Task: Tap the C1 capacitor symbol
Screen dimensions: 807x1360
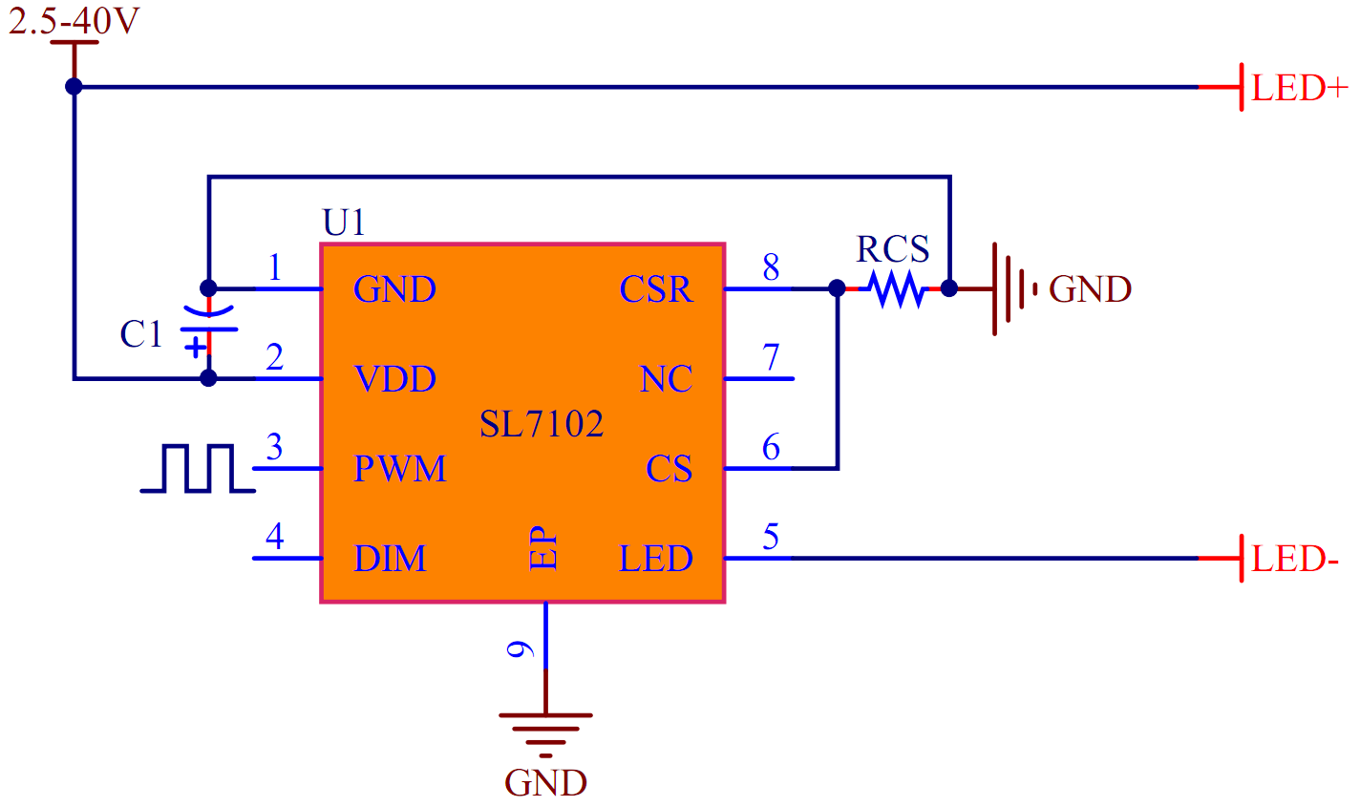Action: pyautogui.click(x=209, y=329)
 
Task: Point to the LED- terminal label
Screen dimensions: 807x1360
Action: pyautogui.click(x=1295, y=559)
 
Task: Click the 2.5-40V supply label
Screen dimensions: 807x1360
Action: pyautogui.click(x=74, y=21)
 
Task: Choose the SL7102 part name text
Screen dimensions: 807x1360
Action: pyautogui.click(x=542, y=423)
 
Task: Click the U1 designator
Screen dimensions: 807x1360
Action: pyautogui.click(x=344, y=223)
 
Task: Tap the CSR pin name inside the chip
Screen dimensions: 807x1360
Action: pyautogui.click(x=655, y=288)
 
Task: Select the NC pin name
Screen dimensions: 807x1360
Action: pyautogui.click(x=666, y=379)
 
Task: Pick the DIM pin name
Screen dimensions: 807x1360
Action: pyautogui.click(x=390, y=559)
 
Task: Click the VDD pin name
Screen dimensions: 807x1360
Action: pyautogui.click(x=394, y=379)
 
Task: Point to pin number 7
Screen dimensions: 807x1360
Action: pyautogui.click(x=771, y=358)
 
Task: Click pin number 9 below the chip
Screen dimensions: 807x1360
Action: pyautogui.click(x=521, y=649)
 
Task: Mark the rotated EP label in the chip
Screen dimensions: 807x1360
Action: pyautogui.click(x=542, y=548)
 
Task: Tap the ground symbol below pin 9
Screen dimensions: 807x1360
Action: pyautogui.click(x=545, y=731)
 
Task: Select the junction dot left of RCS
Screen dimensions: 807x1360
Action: pyautogui.click(x=837, y=287)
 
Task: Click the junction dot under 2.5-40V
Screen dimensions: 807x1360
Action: pyautogui.click(x=74, y=87)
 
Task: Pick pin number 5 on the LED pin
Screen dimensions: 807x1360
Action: pyautogui.click(x=771, y=537)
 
